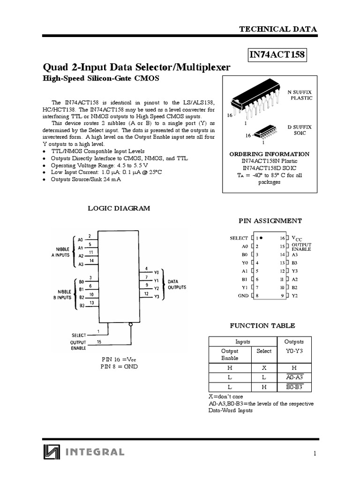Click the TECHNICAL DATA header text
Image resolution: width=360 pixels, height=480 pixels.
coord(278,29)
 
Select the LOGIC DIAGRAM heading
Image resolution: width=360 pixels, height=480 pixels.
coord(119,209)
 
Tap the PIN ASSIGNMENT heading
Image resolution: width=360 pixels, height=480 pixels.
coord(270,221)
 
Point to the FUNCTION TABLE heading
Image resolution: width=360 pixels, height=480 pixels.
coord(262,325)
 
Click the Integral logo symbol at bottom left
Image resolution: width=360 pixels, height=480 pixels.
coord(52,452)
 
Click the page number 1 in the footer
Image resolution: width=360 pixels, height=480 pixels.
coord(315,453)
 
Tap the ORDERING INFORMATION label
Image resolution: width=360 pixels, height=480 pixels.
coord(269,154)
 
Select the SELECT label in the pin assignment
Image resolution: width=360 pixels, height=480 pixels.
coord(239,238)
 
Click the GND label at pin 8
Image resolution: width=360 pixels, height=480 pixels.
coord(243,296)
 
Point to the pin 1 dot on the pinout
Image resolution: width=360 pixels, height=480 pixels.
coord(261,238)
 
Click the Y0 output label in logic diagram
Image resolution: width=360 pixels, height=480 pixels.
coord(157,272)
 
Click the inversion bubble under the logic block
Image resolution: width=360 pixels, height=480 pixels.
coord(131,324)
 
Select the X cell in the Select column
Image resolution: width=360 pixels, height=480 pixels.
coord(264,368)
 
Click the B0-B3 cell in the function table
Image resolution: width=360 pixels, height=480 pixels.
coord(294,387)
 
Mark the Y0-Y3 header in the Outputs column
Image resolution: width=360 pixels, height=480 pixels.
coord(294,351)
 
